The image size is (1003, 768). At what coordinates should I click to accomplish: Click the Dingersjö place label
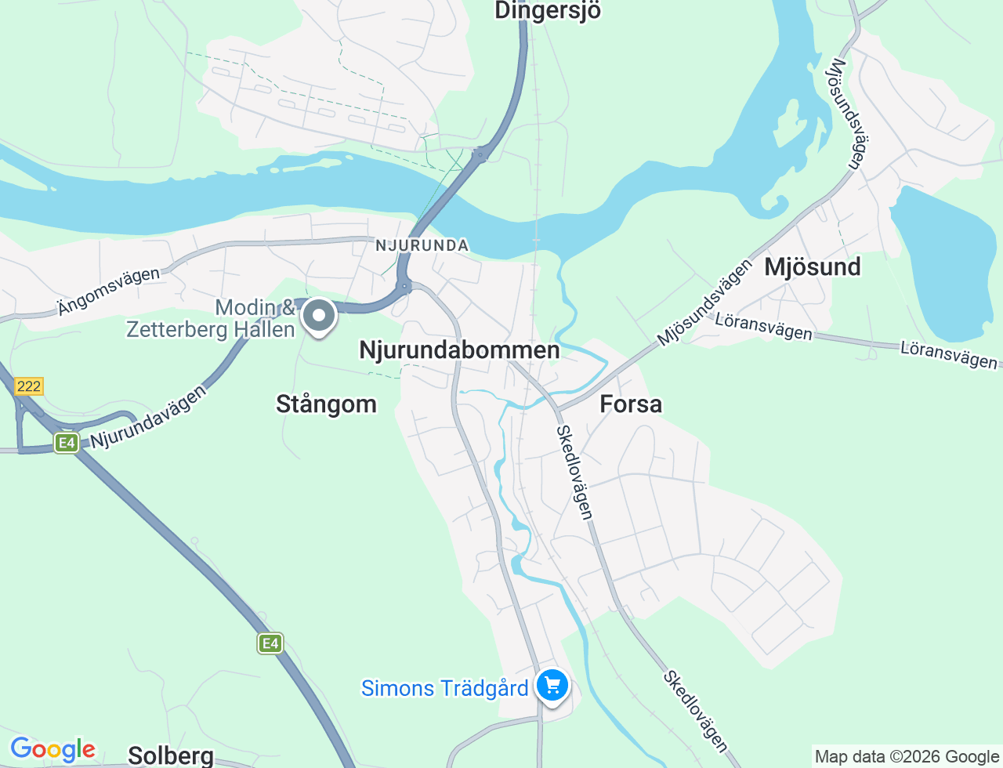point(548,11)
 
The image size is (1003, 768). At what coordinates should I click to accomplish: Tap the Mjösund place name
point(813,267)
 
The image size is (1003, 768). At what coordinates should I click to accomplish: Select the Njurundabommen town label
point(459,350)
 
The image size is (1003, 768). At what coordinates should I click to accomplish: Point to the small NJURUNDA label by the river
point(422,245)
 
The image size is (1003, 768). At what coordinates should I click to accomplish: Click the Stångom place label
point(326,404)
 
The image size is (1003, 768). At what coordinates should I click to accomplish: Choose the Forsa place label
point(631,404)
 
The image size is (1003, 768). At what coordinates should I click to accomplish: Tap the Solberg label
point(170,755)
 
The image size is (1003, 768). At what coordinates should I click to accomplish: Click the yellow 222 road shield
point(28,386)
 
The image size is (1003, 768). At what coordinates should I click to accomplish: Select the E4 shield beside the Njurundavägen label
point(67,444)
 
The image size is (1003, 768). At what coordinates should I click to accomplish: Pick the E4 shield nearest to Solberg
point(270,643)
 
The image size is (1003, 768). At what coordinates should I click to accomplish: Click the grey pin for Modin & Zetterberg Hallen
point(319,317)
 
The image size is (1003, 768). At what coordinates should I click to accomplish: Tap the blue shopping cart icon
point(552,686)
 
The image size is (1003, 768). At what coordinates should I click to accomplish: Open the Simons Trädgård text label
point(444,688)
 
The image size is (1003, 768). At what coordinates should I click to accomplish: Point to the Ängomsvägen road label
point(108,291)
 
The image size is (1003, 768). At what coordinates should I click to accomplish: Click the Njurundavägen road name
point(149,417)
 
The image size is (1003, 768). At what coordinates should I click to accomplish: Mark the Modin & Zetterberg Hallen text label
point(212,318)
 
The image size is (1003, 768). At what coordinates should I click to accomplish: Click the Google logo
point(53,749)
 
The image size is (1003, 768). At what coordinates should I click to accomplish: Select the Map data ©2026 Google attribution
point(907,756)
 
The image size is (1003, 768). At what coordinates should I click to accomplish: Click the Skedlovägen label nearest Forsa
point(574,472)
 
